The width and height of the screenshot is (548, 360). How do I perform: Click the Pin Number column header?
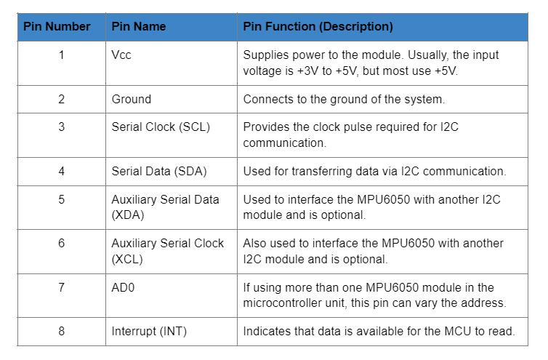click(x=57, y=27)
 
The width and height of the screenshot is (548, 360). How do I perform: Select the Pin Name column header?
click(x=139, y=27)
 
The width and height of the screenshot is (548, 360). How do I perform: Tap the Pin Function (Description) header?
click(x=318, y=27)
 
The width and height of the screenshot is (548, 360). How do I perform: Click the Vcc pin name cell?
click(x=121, y=55)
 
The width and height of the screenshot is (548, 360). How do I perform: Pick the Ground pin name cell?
click(x=132, y=99)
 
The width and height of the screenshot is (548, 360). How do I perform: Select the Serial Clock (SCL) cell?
click(x=161, y=127)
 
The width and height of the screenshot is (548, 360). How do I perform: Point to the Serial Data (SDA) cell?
click(x=159, y=172)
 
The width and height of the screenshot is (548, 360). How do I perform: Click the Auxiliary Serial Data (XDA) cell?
click(x=165, y=207)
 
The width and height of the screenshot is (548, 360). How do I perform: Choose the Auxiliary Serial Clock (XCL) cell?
click(x=168, y=251)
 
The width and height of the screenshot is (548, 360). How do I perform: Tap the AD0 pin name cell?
click(x=123, y=288)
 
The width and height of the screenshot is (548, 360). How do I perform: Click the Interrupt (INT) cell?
click(x=149, y=332)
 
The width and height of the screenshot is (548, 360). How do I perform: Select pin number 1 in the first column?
click(x=61, y=55)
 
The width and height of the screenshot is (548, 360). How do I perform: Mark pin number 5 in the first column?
click(x=61, y=199)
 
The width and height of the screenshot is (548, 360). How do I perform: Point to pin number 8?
click(x=61, y=332)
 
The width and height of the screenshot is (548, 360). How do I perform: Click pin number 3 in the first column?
click(x=61, y=127)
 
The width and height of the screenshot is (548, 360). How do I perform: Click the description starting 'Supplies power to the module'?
click(x=371, y=63)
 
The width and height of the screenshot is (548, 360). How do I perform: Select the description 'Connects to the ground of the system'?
click(x=344, y=99)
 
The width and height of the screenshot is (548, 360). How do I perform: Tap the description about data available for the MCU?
click(x=379, y=332)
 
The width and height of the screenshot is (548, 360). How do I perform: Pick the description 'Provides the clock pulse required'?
click(x=350, y=135)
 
